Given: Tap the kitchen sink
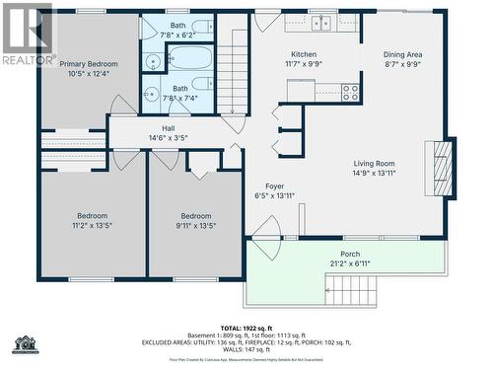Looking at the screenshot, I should tap(321, 22).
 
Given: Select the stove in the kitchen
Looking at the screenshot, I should tap(350, 92).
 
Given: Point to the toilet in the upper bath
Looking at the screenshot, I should tap(201, 27).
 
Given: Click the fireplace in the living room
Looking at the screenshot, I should tap(443, 169).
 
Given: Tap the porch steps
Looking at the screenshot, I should tap(351, 290).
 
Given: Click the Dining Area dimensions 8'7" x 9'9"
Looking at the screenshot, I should tap(402, 64).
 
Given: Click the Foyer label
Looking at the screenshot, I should tap(274, 185).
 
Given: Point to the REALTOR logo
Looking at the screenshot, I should tap(29, 35).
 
